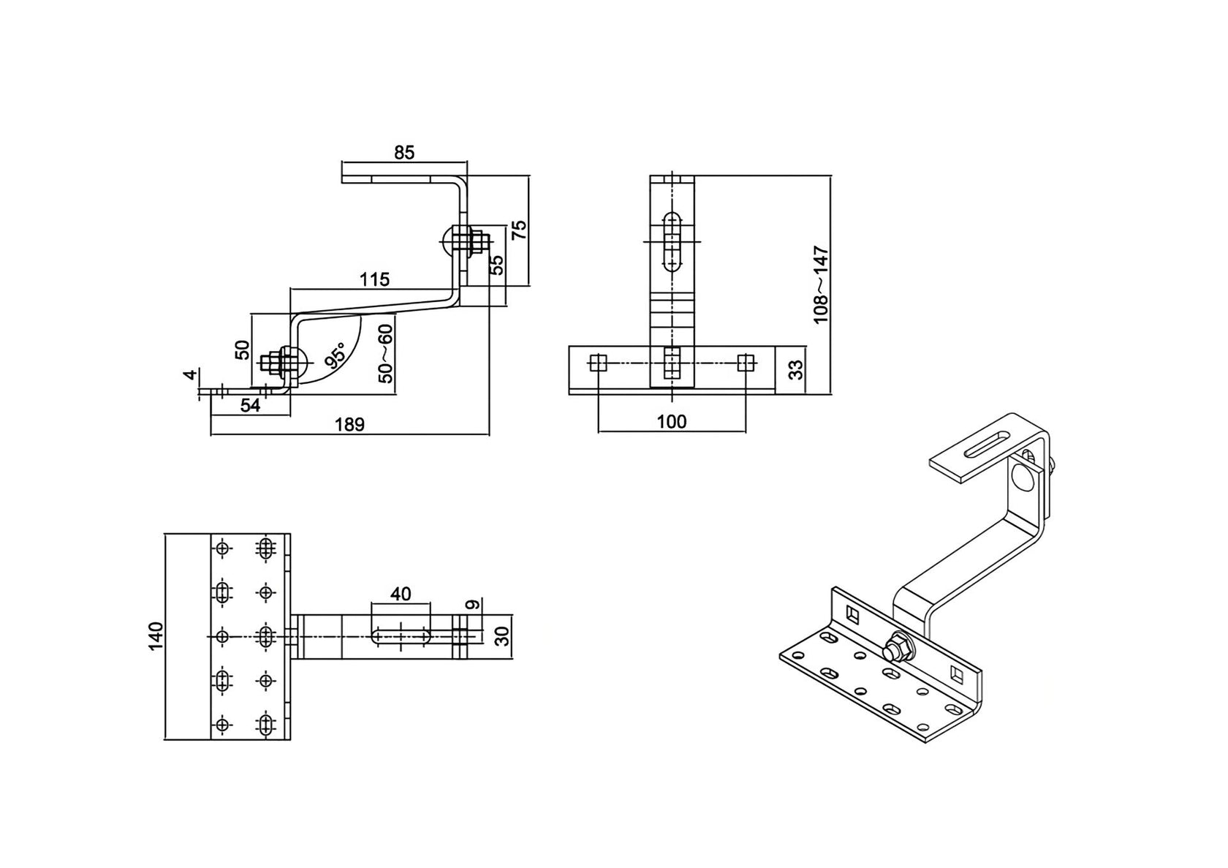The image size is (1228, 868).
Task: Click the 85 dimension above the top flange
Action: pos(404,153)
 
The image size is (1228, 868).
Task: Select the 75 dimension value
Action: pos(518,230)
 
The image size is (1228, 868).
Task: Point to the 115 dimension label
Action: pos(374,279)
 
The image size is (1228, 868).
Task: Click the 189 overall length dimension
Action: pos(349,424)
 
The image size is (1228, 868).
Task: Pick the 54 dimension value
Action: pos(251,406)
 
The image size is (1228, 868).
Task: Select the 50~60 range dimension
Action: pos(385,354)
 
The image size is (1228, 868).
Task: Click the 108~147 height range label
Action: pos(821,285)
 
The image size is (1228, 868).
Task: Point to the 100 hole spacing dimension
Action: pos(672,422)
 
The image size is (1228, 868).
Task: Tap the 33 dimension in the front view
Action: pos(797,369)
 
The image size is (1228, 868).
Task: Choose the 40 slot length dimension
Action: pos(401,594)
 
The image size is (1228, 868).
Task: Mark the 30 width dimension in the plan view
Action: pos(501,636)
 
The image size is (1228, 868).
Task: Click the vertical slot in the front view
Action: pos(672,241)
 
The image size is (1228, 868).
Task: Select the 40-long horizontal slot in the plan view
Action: pos(401,636)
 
